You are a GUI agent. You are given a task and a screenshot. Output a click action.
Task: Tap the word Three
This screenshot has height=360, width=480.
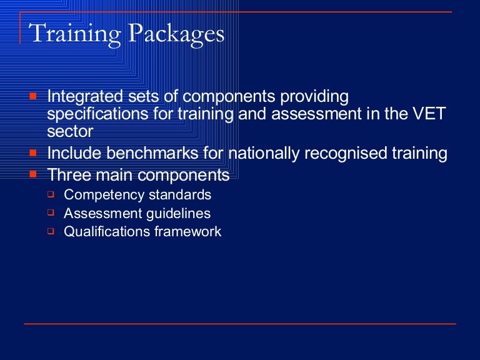(67, 176)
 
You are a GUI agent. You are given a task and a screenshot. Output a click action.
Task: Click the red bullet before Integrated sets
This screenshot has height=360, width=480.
(34, 97)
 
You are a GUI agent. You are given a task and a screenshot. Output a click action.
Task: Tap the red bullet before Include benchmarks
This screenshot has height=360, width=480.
(34, 153)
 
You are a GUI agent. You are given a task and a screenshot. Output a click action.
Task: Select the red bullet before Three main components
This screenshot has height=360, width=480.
(34, 175)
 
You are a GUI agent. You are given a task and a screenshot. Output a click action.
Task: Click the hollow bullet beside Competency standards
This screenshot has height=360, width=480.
(51, 194)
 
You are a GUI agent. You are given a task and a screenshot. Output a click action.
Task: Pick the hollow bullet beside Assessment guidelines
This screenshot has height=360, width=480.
(51, 212)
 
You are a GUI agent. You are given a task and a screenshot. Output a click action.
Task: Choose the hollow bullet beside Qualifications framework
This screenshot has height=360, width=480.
(51, 231)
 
